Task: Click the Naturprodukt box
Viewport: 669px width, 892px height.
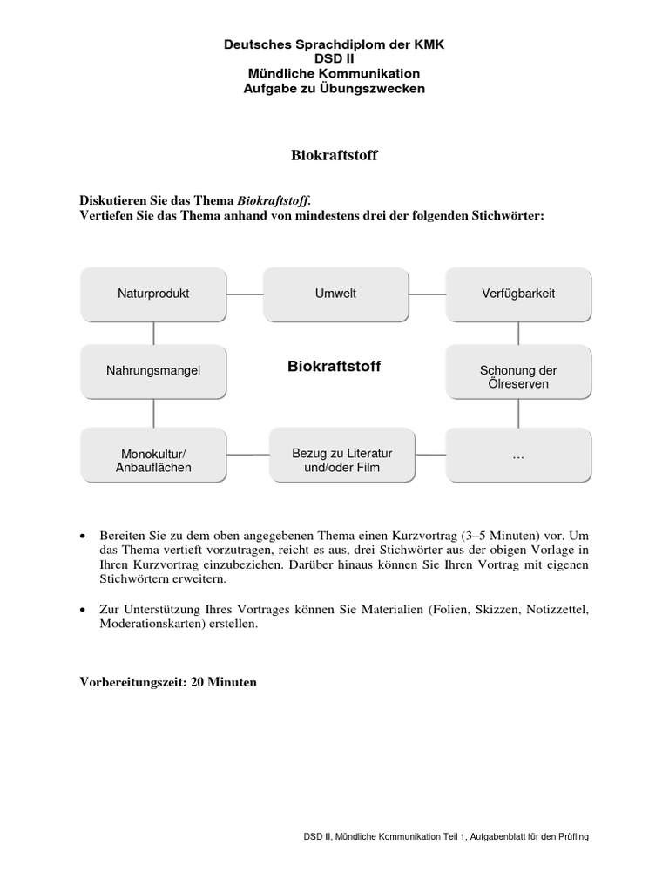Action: pyautogui.click(x=153, y=294)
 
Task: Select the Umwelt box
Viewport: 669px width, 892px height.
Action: pyautogui.click(x=335, y=294)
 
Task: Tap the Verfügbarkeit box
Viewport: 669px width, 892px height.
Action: pyautogui.click(x=518, y=294)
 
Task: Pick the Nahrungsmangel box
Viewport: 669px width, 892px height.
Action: pyautogui.click(x=153, y=370)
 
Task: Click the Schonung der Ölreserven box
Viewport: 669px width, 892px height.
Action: pyautogui.click(x=518, y=376)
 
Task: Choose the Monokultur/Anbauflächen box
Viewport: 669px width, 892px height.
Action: pyautogui.click(x=153, y=461)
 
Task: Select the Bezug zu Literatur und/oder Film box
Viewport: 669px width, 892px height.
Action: pyautogui.click(x=336, y=460)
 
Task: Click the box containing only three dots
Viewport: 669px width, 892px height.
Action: pyautogui.click(x=518, y=455)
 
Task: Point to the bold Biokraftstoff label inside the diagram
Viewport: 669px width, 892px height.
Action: pyautogui.click(x=334, y=367)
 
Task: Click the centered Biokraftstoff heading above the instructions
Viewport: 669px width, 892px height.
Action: pyautogui.click(x=334, y=155)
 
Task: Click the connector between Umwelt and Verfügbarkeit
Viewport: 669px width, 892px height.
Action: pyautogui.click(x=427, y=294)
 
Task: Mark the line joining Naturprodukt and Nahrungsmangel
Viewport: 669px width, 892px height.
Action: pyautogui.click(x=153, y=332)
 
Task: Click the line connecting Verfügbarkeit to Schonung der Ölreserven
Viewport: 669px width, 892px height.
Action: pyautogui.click(x=518, y=332)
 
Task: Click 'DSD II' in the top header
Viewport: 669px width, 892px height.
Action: pyautogui.click(x=334, y=59)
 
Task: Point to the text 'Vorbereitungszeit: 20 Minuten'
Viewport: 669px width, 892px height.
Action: pyautogui.click(x=168, y=682)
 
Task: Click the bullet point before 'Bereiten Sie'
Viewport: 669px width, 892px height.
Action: pyautogui.click(x=83, y=535)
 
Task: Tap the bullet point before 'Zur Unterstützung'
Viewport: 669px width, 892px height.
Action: pyautogui.click(x=83, y=610)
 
